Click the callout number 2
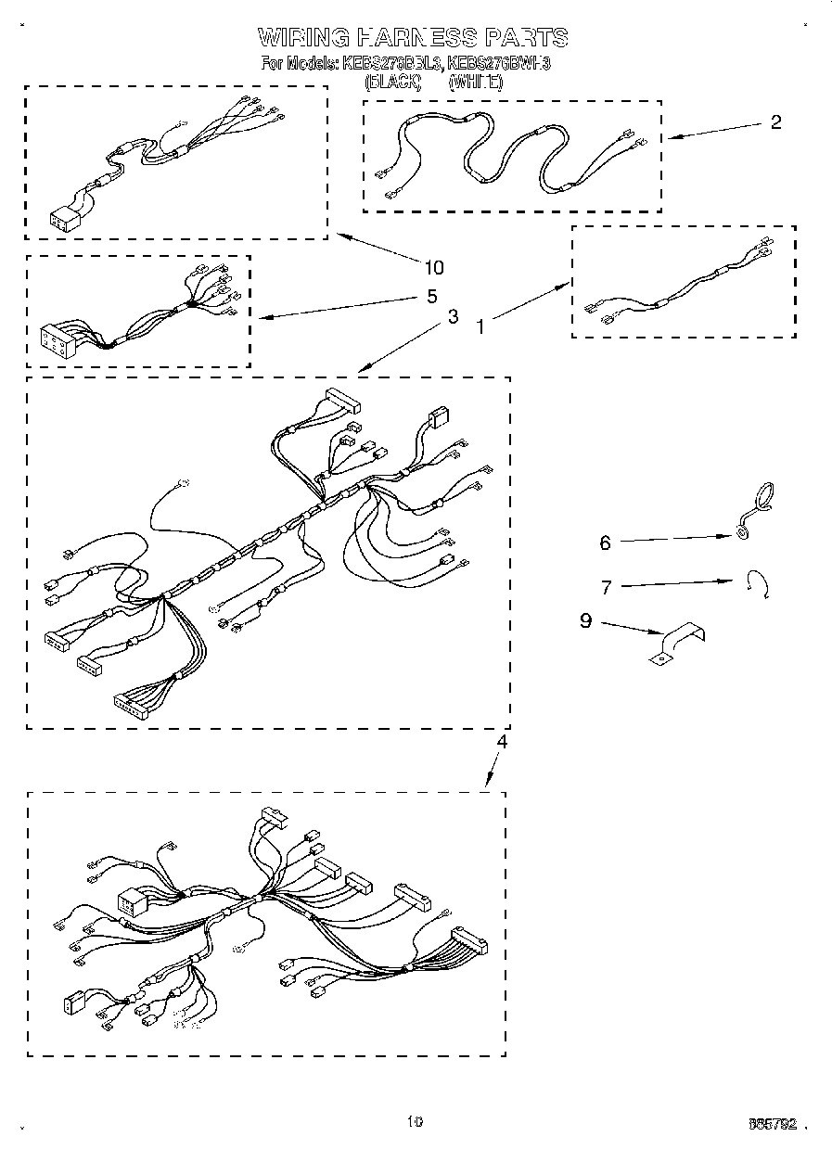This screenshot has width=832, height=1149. click(x=775, y=121)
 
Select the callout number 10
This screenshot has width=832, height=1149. click(x=433, y=268)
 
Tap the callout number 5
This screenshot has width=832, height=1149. click(x=430, y=298)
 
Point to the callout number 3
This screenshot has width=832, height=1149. click(x=452, y=316)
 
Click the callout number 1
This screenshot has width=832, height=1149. click(x=480, y=326)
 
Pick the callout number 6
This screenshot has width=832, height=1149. click(x=605, y=543)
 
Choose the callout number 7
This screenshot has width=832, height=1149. click(x=606, y=587)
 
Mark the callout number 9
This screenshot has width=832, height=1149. click(x=585, y=620)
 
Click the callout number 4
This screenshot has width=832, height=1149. click(x=501, y=741)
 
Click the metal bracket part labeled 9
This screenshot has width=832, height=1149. click(x=678, y=644)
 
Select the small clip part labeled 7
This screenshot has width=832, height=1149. click(x=758, y=586)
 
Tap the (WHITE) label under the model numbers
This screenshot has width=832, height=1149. click(x=475, y=82)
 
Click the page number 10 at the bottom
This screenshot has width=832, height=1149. click(x=415, y=1121)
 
